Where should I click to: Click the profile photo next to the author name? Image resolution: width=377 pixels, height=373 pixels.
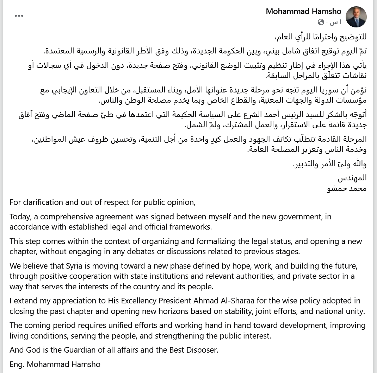click(x=356, y=17)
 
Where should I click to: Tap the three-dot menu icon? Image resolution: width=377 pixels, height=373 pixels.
click(x=19, y=16)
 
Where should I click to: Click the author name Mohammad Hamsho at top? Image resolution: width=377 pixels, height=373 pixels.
click(x=303, y=12)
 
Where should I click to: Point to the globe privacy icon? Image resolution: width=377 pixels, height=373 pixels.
click(x=321, y=22)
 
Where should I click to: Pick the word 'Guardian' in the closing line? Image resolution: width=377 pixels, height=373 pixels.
click(x=80, y=350)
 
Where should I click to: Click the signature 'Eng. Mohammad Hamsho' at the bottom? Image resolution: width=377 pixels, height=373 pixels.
click(x=55, y=364)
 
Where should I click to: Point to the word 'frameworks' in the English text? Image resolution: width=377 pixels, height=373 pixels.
click(x=192, y=227)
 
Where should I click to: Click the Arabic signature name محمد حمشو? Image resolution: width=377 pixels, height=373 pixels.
click(x=347, y=188)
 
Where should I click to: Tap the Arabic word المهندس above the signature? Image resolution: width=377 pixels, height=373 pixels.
click(x=352, y=178)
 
